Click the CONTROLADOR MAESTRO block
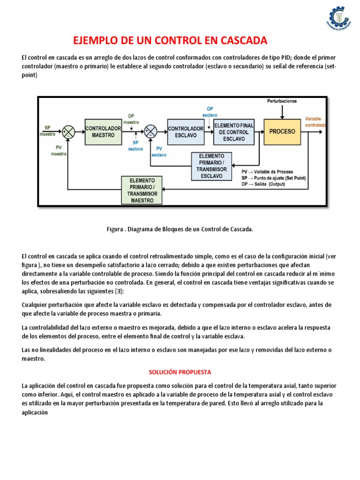point(103,131)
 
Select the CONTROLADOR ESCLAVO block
point(186,132)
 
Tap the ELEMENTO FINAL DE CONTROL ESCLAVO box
point(234,132)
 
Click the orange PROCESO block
point(282,131)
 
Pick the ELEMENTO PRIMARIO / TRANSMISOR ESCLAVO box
point(212,166)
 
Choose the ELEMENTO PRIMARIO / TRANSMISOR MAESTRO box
point(142,190)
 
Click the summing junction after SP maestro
point(69,132)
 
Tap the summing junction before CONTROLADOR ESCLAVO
point(150,132)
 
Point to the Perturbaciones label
point(282,101)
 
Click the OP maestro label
point(133,119)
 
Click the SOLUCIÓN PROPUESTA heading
point(180,372)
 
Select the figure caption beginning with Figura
point(180,229)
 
